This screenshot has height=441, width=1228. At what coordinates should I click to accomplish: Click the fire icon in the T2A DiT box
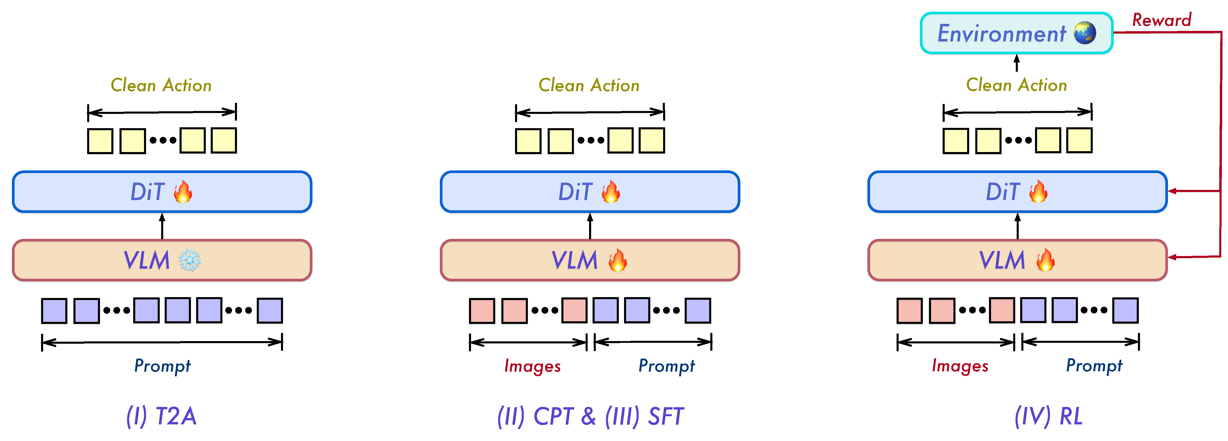click(x=182, y=191)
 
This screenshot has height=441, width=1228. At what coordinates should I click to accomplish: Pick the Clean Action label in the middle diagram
click(x=589, y=85)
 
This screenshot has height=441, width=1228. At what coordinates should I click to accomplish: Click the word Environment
click(x=1002, y=33)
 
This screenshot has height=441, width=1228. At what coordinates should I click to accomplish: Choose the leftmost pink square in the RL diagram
click(x=909, y=311)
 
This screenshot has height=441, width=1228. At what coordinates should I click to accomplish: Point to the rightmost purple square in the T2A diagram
click(x=270, y=311)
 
